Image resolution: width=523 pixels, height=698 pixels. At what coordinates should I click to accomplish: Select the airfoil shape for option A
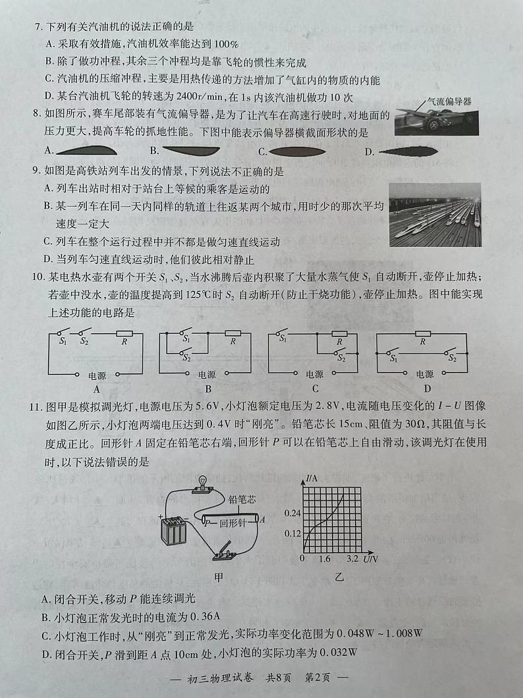click(x=85, y=151)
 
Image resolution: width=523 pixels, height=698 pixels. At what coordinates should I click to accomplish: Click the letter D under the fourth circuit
click(x=427, y=389)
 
